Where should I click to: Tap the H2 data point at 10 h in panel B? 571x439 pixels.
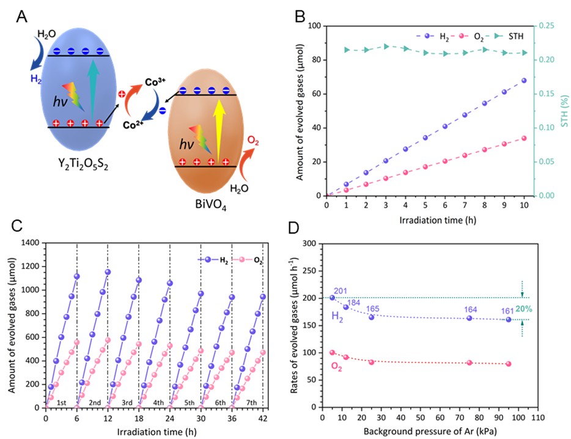pos(524,80)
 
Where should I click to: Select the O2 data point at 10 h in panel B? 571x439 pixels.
pos(524,138)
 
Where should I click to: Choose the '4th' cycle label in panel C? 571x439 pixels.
pos(154,403)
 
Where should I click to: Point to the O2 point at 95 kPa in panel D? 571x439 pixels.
pos(509,364)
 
